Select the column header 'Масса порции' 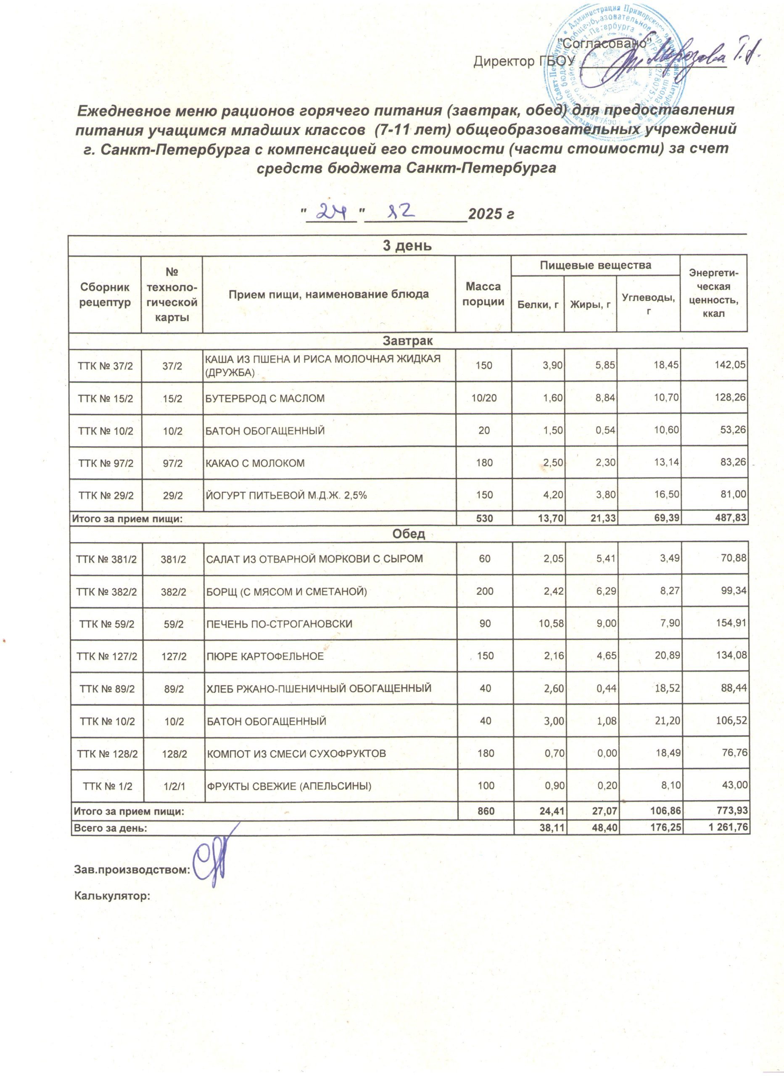(483, 294)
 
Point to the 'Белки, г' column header (537, 305)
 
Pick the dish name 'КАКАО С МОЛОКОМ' (255, 463)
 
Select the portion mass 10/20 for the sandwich (484, 398)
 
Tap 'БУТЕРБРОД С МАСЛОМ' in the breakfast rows (265, 398)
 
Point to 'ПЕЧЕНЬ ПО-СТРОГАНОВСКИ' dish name (279, 623)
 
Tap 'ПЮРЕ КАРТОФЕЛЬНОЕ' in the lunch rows (265, 656)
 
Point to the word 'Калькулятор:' (112, 896)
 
